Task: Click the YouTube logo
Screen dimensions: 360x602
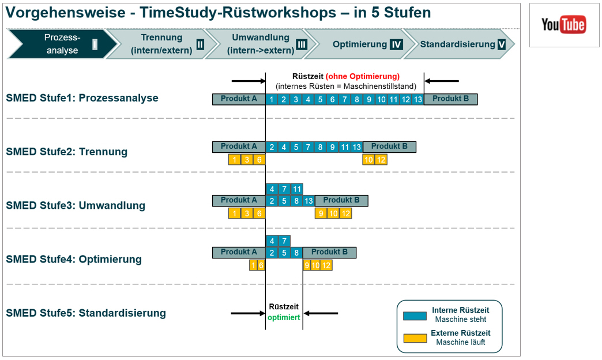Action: coord(563,25)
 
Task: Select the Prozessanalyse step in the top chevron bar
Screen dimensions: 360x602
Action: coord(62,44)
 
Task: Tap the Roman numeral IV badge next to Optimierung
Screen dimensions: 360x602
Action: coord(396,44)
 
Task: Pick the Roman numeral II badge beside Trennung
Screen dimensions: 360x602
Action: coord(200,44)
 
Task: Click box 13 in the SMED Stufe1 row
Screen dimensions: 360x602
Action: coord(418,99)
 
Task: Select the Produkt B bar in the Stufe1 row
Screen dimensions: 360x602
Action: coord(450,99)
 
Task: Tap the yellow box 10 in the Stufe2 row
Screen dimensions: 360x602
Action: coord(368,159)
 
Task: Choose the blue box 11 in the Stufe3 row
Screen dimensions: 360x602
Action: coord(296,189)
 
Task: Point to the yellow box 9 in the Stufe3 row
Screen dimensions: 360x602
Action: coord(321,213)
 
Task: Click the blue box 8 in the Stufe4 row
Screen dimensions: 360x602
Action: coord(296,253)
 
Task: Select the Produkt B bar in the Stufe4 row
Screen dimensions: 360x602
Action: coord(329,252)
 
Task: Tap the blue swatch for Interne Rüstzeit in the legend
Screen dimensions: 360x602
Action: coord(415,314)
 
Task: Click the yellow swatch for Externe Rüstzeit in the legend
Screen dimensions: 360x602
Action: coord(415,337)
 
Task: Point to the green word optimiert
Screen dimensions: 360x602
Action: coord(284,317)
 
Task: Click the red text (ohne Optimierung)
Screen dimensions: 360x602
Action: coord(362,76)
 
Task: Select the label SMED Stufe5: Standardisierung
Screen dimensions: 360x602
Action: coord(86,313)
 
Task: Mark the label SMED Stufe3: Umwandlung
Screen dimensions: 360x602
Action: coord(76,205)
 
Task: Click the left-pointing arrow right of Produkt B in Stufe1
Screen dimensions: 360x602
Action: coord(442,81)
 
